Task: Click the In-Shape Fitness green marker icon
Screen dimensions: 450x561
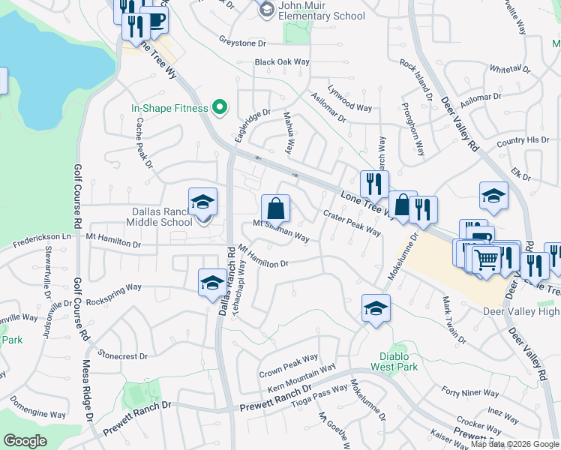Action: pos(220,109)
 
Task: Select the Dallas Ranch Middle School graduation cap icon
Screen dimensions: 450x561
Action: pos(202,202)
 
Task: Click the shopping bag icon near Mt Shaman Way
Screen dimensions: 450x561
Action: pos(276,208)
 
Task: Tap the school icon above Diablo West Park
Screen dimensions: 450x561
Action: pos(376,307)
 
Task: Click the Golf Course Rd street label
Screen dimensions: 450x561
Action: pos(76,197)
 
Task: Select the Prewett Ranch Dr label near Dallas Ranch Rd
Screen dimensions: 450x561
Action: pos(274,405)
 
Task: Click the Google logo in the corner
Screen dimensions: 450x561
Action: pos(25,440)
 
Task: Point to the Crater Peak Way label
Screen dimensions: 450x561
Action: pos(352,223)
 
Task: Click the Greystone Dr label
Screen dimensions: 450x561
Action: pos(243,43)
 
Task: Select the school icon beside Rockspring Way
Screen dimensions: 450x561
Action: pos(211,283)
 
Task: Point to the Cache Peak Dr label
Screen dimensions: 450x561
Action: pos(143,142)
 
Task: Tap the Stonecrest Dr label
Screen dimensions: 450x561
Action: pos(120,355)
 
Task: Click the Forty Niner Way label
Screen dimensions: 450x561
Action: pos(470,392)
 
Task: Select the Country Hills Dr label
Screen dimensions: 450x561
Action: pos(523,140)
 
